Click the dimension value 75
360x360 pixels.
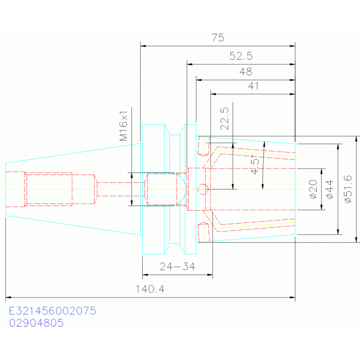coord(218,38)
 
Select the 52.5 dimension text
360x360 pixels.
coord(241,56)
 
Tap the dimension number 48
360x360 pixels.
coord(246,72)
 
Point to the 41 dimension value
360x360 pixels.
coord(253,86)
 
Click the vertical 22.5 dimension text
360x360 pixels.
coord(224,119)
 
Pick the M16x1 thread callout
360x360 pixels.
coord(123,126)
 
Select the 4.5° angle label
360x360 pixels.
coord(254,165)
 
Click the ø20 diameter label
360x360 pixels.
coord(313,189)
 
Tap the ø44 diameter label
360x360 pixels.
coord(329,189)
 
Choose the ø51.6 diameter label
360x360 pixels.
coord(348,189)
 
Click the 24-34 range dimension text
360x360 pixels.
coord(177,267)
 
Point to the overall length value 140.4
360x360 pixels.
coord(150,289)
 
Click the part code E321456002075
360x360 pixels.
coord(53,311)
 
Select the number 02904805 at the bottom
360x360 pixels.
coord(36,323)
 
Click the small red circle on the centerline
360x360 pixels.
coord(203,189)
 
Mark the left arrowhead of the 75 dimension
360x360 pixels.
coord(143,46)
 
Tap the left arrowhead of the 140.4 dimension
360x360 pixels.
coord(8,298)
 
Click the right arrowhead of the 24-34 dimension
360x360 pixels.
coord(210,275)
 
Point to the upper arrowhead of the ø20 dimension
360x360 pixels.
coord(321,171)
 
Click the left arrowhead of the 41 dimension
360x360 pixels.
coord(213,94)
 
